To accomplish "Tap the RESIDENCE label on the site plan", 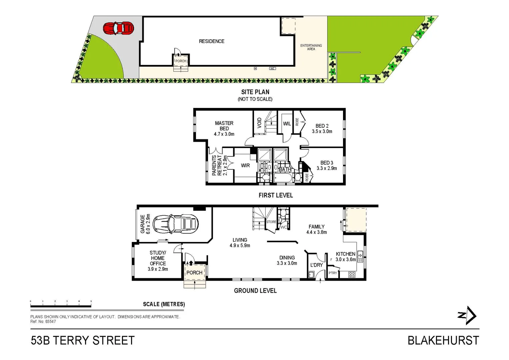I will point(212,41).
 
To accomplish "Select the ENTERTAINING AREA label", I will point(311,47).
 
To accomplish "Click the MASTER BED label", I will point(224,126).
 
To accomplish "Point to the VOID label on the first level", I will point(260,123).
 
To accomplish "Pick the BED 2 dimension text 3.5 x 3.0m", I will point(322,131).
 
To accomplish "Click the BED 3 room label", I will point(327,163).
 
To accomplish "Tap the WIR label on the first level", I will point(245,165).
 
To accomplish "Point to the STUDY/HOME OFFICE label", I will point(158,258).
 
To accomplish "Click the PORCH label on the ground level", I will point(194,273).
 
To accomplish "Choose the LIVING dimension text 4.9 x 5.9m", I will point(240,246).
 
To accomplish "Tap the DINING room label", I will point(287,258).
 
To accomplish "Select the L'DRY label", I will point(316,265).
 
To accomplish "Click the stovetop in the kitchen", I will point(352,275).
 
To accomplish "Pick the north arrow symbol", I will point(467,315).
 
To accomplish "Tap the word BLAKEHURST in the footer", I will point(443,341).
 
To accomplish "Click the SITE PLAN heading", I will point(255,92).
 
